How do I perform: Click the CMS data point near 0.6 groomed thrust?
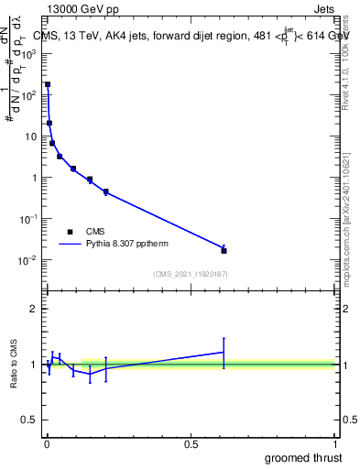click(224, 250)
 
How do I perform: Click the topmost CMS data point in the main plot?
click(48, 84)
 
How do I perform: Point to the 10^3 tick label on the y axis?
click(29, 53)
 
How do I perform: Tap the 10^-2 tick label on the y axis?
click(29, 260)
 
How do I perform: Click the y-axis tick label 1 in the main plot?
click(35, 178)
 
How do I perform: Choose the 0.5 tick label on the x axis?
click(191, 444)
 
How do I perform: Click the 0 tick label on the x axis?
click(47, 444)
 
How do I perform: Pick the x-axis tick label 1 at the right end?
click(335, 444)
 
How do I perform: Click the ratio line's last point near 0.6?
click(224, 352)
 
